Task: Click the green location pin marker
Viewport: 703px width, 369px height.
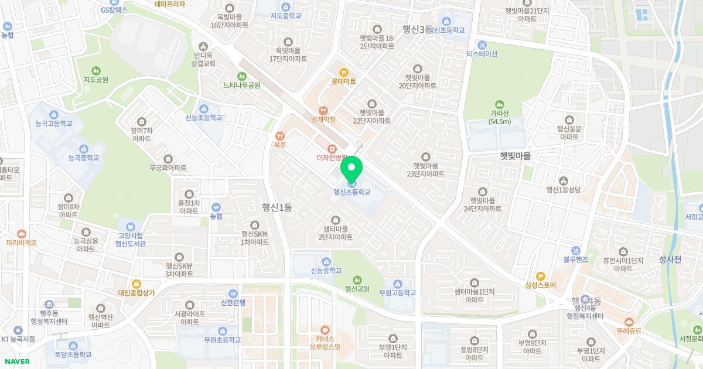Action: pyautogui.click(x=351, y=169)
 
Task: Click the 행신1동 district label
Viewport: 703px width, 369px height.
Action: pyautogui.click(x=277, y=207)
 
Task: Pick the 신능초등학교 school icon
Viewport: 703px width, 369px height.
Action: pyautogui.click(x=204, y=108)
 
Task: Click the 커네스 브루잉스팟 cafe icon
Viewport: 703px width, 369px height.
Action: pyautogui.click(x=325, y=329)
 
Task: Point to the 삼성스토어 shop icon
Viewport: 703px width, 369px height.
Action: pyautogui.click(x=541, y=276)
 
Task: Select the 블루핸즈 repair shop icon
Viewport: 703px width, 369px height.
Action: pyautogui.click(x=575, y=250)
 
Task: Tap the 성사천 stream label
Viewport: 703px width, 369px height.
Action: pyautogui.click(x=670, y=259)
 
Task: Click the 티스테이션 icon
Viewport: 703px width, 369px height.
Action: pyautogui.click(x=482, y=45)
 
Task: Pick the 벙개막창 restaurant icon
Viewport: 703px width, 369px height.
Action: pyautogui.click(x=322, y=110)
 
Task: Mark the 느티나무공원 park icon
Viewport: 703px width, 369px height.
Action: pyautogui.click(x=242, y=76)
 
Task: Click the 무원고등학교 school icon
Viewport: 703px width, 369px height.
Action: pyautogui.click(x=397, y=283)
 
